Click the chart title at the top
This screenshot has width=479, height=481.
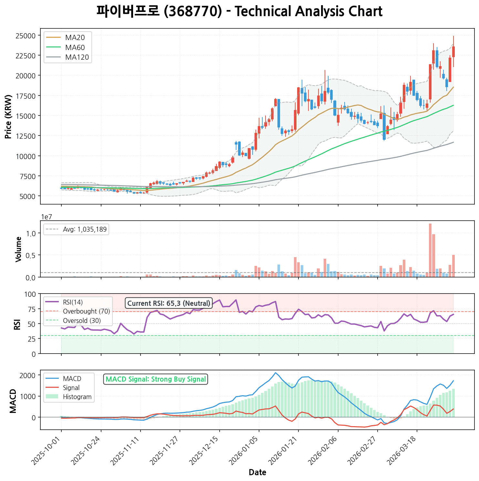[239, 12]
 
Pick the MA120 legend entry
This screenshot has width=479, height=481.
[77, 57]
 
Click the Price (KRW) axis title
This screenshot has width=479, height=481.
[8, 116]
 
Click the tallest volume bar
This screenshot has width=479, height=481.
[430, 250]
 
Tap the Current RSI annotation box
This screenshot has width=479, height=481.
[169, 303]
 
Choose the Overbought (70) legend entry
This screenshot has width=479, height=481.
[86, 311]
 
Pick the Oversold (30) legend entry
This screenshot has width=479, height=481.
[82, 321]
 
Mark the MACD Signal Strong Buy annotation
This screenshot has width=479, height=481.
[155, 379]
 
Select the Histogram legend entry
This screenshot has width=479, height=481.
[77, 397]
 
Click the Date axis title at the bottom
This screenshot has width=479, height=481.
[257, 473]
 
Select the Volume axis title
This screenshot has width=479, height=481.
[18, 249]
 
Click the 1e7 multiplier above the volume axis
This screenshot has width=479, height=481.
[47, 217]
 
